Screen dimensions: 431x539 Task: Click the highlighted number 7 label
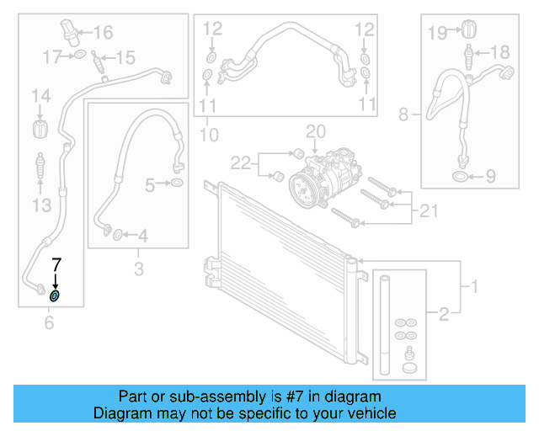pyautogui.click(x=57, y=265)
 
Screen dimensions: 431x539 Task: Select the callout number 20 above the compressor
pyautogui.click(x=314, y=131)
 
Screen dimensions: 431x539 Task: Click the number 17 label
pyautogui.click(x=52, y=56)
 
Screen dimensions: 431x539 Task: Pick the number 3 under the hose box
pyautogui.click(x=139, y=269)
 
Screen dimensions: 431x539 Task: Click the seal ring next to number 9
pyautogui.click(x=461, y=177)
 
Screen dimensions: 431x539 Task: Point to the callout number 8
pyautogui.click(x=403, y=114)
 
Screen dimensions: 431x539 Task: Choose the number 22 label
pyautogui.click(x=241, y=162)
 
